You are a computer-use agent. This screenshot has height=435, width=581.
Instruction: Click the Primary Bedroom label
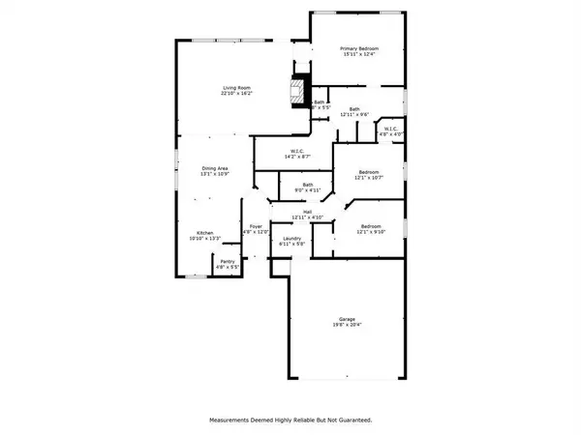point(358,48)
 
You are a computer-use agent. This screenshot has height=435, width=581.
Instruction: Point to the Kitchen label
point(205,233)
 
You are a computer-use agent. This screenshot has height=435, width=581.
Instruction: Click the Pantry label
point(228,261)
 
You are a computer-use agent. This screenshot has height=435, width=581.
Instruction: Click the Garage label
point(347,319)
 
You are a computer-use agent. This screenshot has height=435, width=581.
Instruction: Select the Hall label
point(307,212)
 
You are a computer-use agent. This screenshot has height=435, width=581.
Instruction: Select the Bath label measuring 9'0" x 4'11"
point(307,185)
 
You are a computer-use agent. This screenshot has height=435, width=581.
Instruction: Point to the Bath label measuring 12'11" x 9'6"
point(354,108)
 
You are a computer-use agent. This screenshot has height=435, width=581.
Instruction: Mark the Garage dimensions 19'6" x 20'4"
point(347,326)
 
